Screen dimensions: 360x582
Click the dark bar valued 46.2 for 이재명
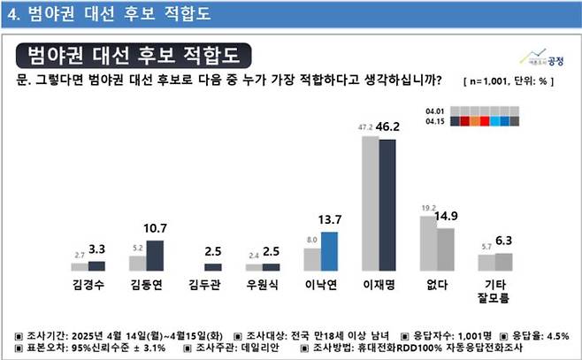tap(387, 204)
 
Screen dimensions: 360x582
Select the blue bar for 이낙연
tap(329, 251)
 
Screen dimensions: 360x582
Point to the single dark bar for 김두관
tap(213, 266)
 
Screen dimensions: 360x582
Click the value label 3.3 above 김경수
tap(97, 250)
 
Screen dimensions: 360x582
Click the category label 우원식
tap(263, 285)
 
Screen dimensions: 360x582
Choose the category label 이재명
tap(378, 285)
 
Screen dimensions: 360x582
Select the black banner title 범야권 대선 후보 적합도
tap(133, 56)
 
